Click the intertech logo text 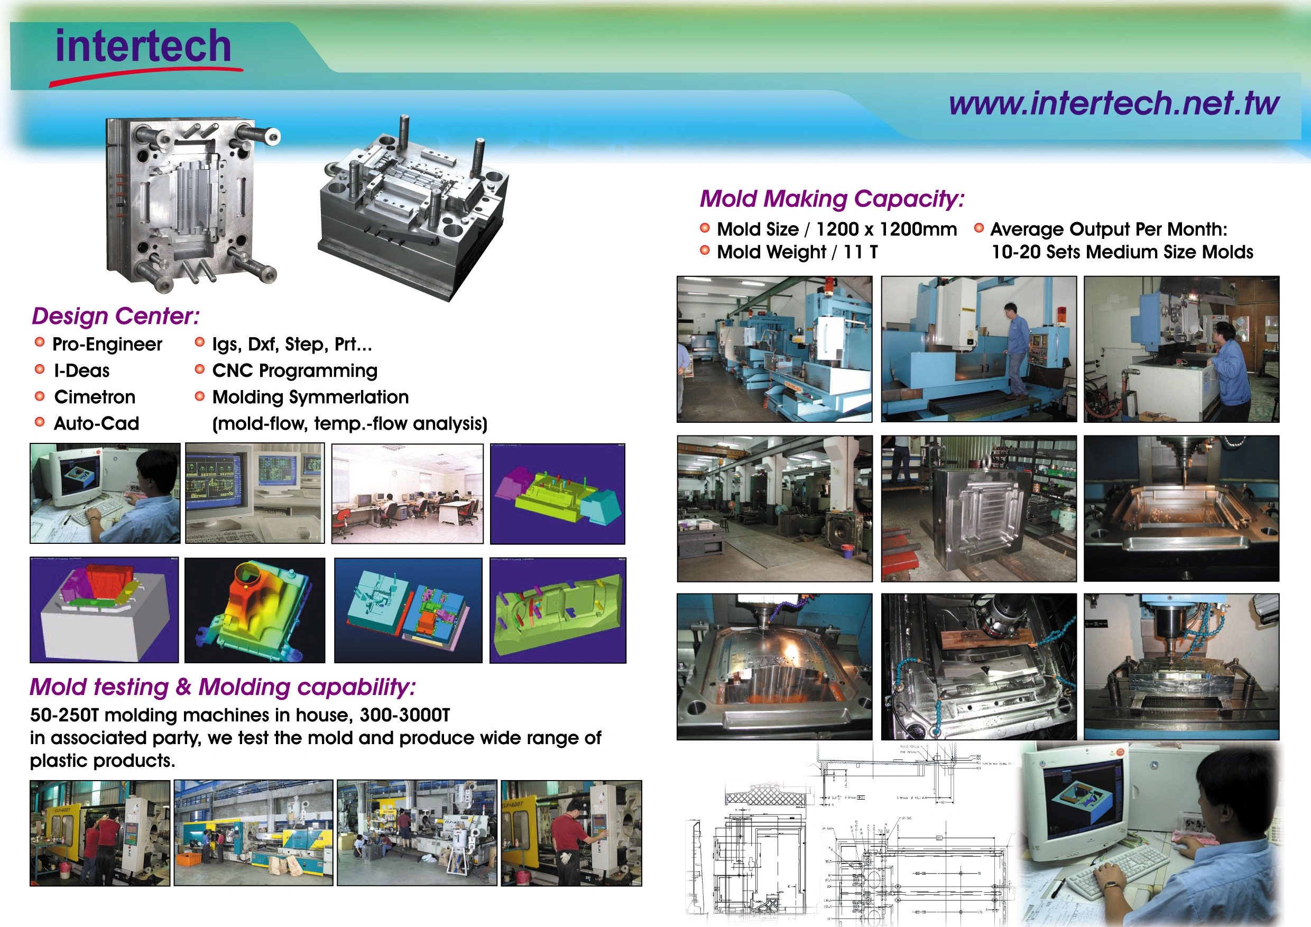[143, 47]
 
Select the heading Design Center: [116, 316]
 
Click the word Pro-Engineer [107, 345]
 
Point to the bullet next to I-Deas [40, 369]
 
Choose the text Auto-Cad [97, 423]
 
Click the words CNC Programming [294, 371]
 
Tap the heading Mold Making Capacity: [832, 199]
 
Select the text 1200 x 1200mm [886, 229]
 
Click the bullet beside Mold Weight [705, 250]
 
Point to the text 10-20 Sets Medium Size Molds [1122, 252]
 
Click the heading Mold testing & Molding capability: [223, 687]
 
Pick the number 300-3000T [405, 715]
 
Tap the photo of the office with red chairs [407, 494]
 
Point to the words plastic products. [102, 761]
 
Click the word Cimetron [95, 397]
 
